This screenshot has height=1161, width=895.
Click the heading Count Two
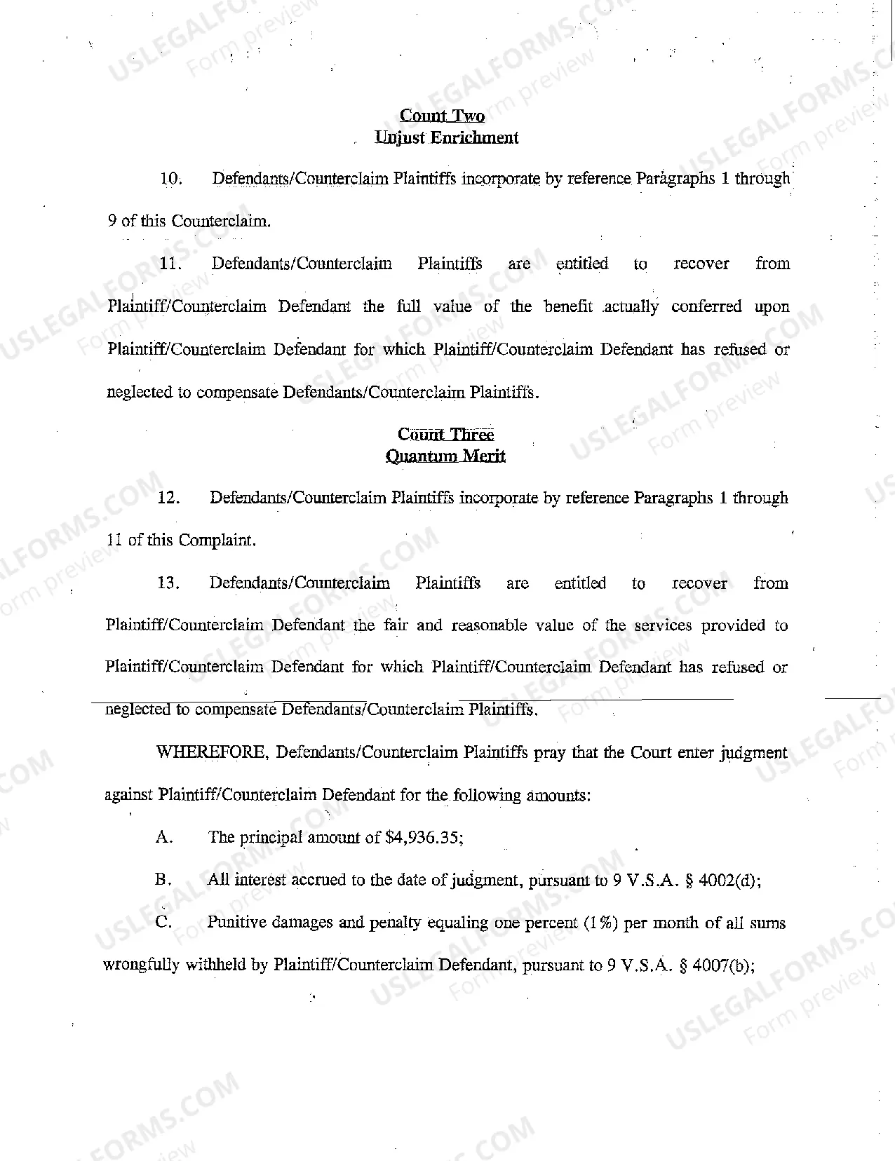tap(442, 116)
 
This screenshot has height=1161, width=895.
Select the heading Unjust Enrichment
tap(447, 137)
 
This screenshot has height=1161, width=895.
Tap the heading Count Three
tap(445, 435)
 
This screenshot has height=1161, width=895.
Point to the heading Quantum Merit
tap(445, 456)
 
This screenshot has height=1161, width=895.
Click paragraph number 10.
tap(170, 179)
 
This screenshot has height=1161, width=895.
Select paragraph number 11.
tap(170, 264)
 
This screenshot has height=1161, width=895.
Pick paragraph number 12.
tap(168, 498)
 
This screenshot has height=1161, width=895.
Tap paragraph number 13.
tap(168, 583)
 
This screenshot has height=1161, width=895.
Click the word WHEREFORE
tap(211, 753)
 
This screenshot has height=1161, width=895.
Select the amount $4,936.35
tap(424, 838)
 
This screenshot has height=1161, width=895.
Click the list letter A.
tap(163, 838)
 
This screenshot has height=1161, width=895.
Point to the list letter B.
tap(163, 880)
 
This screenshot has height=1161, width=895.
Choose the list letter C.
tap(163, 923)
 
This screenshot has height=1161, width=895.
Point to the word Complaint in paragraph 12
tap(217, 541)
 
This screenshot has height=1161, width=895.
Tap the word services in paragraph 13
tap(663, 625)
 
